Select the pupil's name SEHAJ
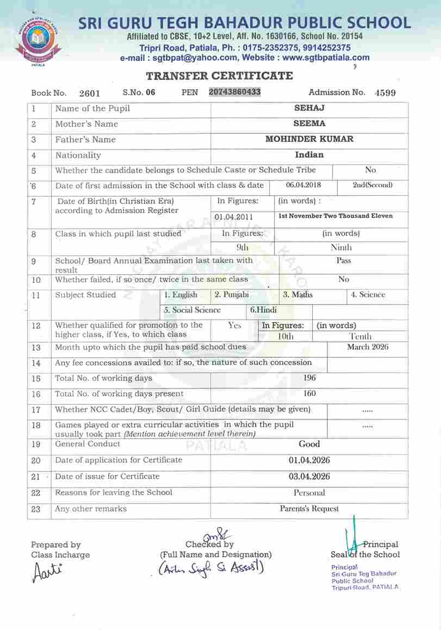point(309,108)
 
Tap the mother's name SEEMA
point(309,123)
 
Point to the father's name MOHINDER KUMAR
point(309,139)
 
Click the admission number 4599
point(385,93)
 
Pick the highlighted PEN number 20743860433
point(235,92)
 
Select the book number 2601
point(89,93)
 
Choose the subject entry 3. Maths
point(298,295)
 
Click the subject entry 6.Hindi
point(263,310)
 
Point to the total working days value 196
point(309,378)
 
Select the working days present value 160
point(309,393)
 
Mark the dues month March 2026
point(368,347)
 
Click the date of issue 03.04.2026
point(309,477)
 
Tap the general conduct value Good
point(309,444)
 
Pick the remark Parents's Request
point(309,509)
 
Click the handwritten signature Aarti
point(48,572)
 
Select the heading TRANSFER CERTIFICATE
point(219,76)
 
